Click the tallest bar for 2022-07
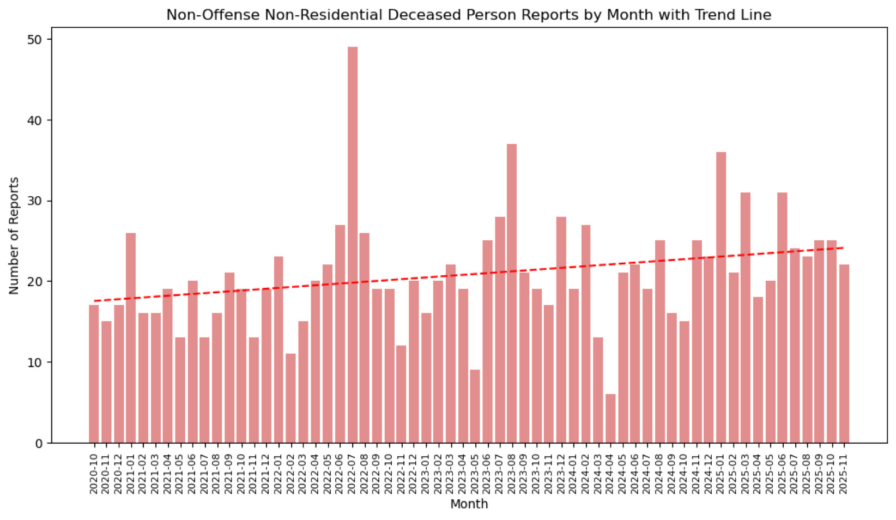pyautogui.click(x=353, y=245)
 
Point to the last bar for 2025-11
pyautogui.click(x=844, y=354)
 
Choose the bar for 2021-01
pyautogui.click(x=131, y=338)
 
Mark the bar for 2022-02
pyautogui.click(x=290, y=398)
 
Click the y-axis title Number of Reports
pyautogui.click(x=14, y=235)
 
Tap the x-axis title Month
pyautogui.click(x=469, y=504)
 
